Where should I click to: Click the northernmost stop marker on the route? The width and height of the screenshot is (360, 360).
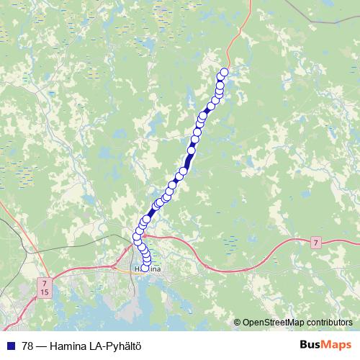(224, 71)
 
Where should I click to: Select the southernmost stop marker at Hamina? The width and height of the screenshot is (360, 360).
(145, 268)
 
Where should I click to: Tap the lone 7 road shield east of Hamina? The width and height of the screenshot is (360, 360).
(316, 243)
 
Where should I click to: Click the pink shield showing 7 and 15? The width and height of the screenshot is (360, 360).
(45, 289)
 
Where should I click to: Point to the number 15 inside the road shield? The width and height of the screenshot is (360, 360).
(45, 293)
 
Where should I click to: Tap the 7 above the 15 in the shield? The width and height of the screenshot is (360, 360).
(45, 284)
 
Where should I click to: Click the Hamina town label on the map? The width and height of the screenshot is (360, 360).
(148, 269)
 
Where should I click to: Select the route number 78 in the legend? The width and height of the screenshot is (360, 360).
(26, 346)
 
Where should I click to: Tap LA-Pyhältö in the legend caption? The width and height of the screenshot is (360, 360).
(112, 346)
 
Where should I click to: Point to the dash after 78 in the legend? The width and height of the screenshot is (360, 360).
(41, 346)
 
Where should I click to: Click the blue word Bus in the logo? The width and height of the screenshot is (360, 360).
(311, 345)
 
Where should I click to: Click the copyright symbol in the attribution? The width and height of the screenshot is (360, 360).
(237, 323)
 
